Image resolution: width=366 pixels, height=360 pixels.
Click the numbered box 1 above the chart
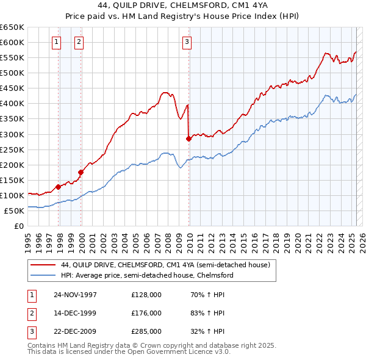56,42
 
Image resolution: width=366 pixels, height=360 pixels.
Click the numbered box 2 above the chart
79,42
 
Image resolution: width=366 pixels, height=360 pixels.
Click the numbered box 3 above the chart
186,42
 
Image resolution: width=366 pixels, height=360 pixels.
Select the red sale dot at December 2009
188,139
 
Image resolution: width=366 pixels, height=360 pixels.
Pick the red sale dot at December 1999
81,172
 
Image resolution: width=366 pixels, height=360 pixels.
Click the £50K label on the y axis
14,211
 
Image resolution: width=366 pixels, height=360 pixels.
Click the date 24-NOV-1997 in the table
75,294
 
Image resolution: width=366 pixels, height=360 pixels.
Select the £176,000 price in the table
146,313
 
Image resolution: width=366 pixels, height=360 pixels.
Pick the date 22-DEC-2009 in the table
75,332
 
